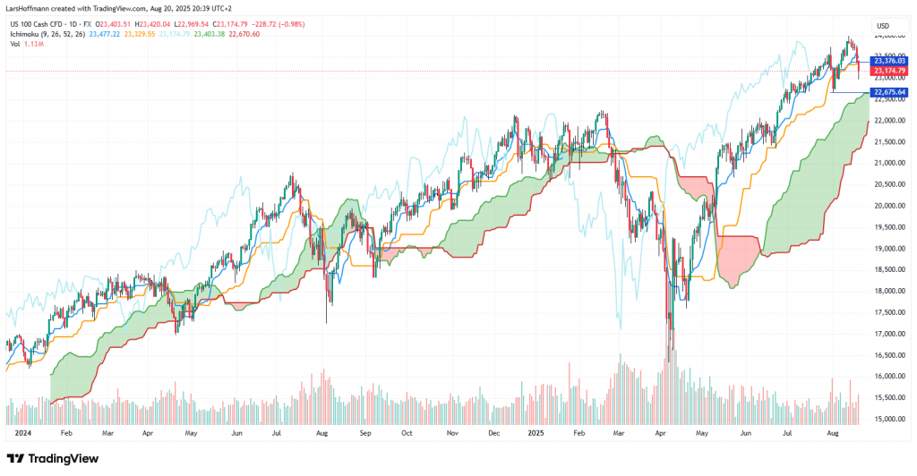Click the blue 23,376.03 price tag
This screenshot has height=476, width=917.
890,61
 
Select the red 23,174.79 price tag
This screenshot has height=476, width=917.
890,71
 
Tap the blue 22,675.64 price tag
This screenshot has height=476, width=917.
890,92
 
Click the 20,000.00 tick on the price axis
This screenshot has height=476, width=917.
888,206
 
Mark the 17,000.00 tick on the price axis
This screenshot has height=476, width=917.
888,334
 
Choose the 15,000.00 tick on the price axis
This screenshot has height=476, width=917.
888,419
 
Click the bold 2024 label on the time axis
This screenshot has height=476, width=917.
23,431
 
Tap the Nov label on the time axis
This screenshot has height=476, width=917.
452,431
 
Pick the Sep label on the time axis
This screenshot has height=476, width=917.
364,431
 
